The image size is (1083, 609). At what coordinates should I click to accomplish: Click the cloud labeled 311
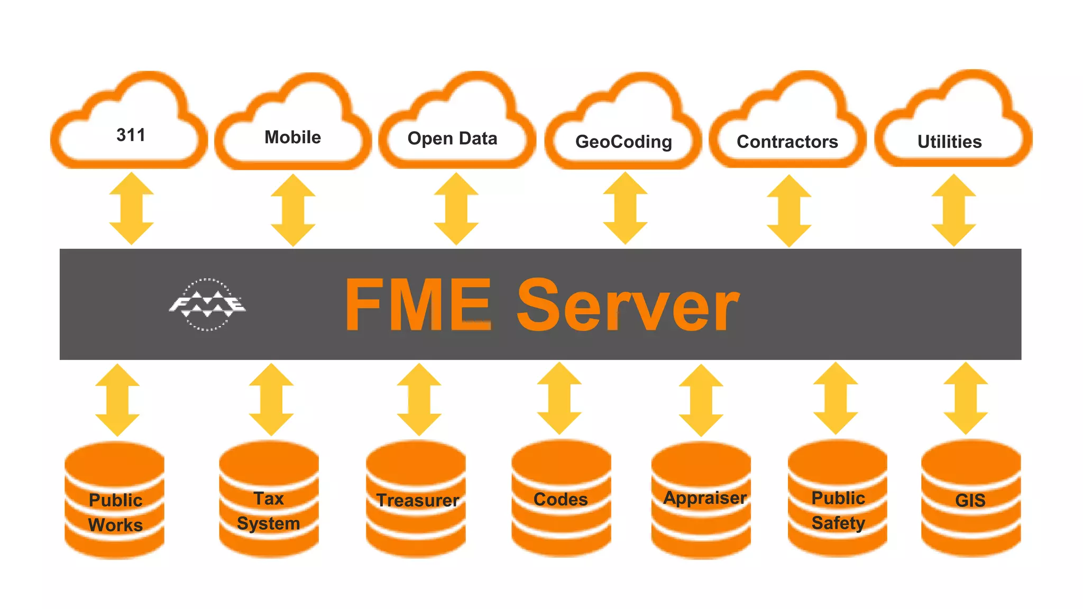pyautogui.click(x=130, y=135)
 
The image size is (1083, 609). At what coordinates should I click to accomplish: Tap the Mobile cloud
pyautogui.click(x=292, y=137)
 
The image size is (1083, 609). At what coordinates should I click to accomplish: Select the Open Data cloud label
pyautogui.click(x=452, y=139)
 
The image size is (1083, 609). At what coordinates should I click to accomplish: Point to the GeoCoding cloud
pyautogui.click(x=623, y=141)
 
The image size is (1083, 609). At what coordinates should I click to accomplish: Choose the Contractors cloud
pyautogui.click(x=787, y=141)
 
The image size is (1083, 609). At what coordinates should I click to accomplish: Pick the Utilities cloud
pyautogui.click(x=949, y=141)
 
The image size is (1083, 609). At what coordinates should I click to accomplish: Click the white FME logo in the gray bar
pyautogui.click(x=207, y=304)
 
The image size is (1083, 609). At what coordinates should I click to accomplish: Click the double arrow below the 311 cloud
pyautogui.click(x=131, y=208)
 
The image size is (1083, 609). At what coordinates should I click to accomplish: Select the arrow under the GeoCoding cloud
pyautogui.click(x=625, y=208)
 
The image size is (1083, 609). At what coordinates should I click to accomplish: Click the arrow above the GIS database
pyautogui.click(x=966, y=399)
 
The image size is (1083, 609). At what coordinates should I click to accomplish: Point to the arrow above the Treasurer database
pyautogui.click(x=419, y=399)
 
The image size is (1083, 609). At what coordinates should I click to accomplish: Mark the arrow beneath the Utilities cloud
pyautogui.click(x=953, y=210)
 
